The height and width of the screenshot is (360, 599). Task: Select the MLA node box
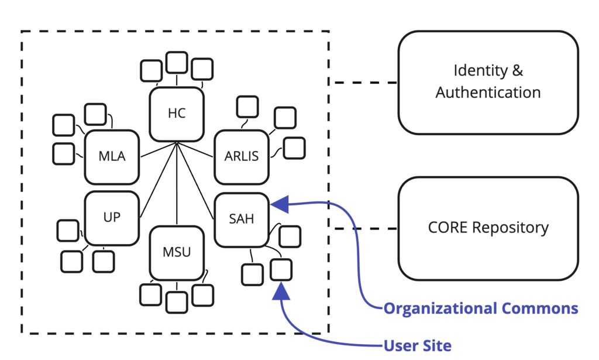click(x=112, y=157)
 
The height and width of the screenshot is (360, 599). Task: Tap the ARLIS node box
click(x=241, y=157)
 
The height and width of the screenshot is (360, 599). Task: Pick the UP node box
click(x=112, y=218)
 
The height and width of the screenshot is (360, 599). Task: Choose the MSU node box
click(x=177, y=253)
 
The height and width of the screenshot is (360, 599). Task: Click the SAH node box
click(x=241, y=220)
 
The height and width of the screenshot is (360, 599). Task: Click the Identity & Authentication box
click(x=488, y=82)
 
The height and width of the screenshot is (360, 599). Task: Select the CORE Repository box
click(x=488, y=228)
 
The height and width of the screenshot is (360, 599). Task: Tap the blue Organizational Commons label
click(x=480, y=308)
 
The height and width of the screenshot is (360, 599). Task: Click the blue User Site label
click(x=417, y=345)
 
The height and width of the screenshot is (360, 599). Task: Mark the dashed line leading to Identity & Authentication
click(x=364, y=83)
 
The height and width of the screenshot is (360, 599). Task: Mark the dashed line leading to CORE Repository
click(x=364, y=229)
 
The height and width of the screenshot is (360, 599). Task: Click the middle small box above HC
click(x=176, y=62)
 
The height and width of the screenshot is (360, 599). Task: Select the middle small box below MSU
click(x=177, y=301)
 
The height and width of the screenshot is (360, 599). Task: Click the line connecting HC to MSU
click(x=177, y=187)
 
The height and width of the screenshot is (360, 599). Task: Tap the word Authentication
click(x=488, y=92)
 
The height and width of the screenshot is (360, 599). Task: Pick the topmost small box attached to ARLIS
click(x=247, y=107)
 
